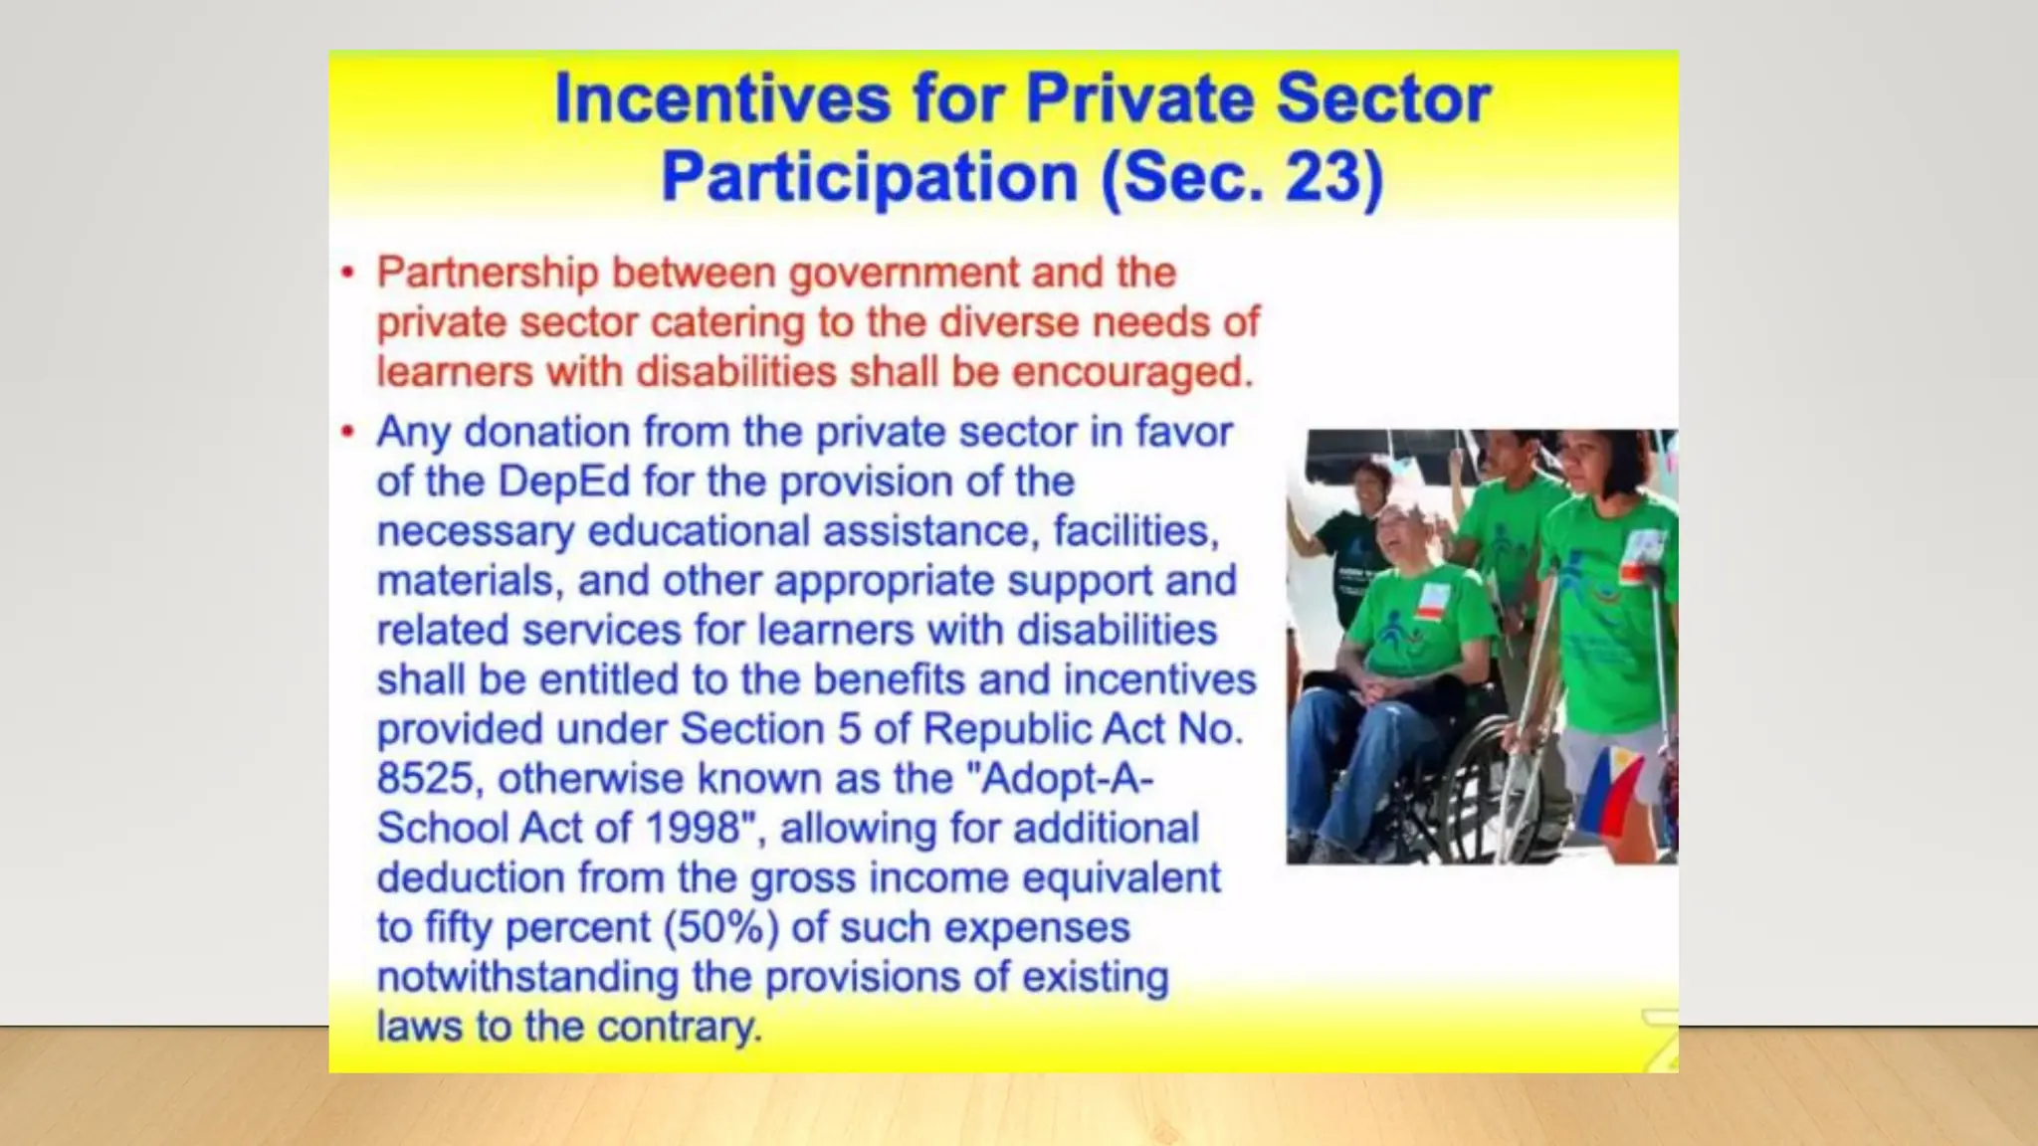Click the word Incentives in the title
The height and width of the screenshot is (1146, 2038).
coord(721,98)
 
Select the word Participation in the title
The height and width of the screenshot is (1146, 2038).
coord(870,177)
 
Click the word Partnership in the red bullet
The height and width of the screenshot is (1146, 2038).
coord(488,273)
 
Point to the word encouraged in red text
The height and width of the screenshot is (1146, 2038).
coord(1131,372)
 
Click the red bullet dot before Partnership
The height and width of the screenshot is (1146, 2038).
coord(347,272)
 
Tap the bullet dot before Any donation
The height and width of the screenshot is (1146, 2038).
coord(347,432)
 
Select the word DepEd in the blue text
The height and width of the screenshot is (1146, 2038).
coord(563,481)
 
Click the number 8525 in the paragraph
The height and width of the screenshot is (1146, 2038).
coord(425,779)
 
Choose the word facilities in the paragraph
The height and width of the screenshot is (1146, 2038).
coord(1135,531)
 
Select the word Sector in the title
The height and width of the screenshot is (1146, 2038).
coord(1382,98)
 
